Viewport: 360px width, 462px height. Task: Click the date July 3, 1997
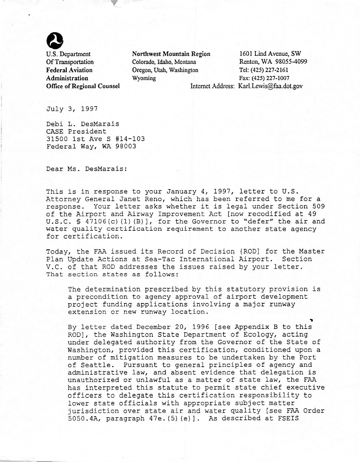(x=72, y=109)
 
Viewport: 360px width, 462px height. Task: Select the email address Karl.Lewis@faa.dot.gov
(x=270, y=86)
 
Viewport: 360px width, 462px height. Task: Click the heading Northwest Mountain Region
(x=171, y=54)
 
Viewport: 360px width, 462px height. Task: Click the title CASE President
(x=76, y=131)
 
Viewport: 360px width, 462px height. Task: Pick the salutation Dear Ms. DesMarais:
(x=86, y=169)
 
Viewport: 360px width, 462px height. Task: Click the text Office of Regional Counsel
(x=83, y=86)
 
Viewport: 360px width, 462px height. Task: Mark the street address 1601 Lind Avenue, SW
(x=270, y=54)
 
